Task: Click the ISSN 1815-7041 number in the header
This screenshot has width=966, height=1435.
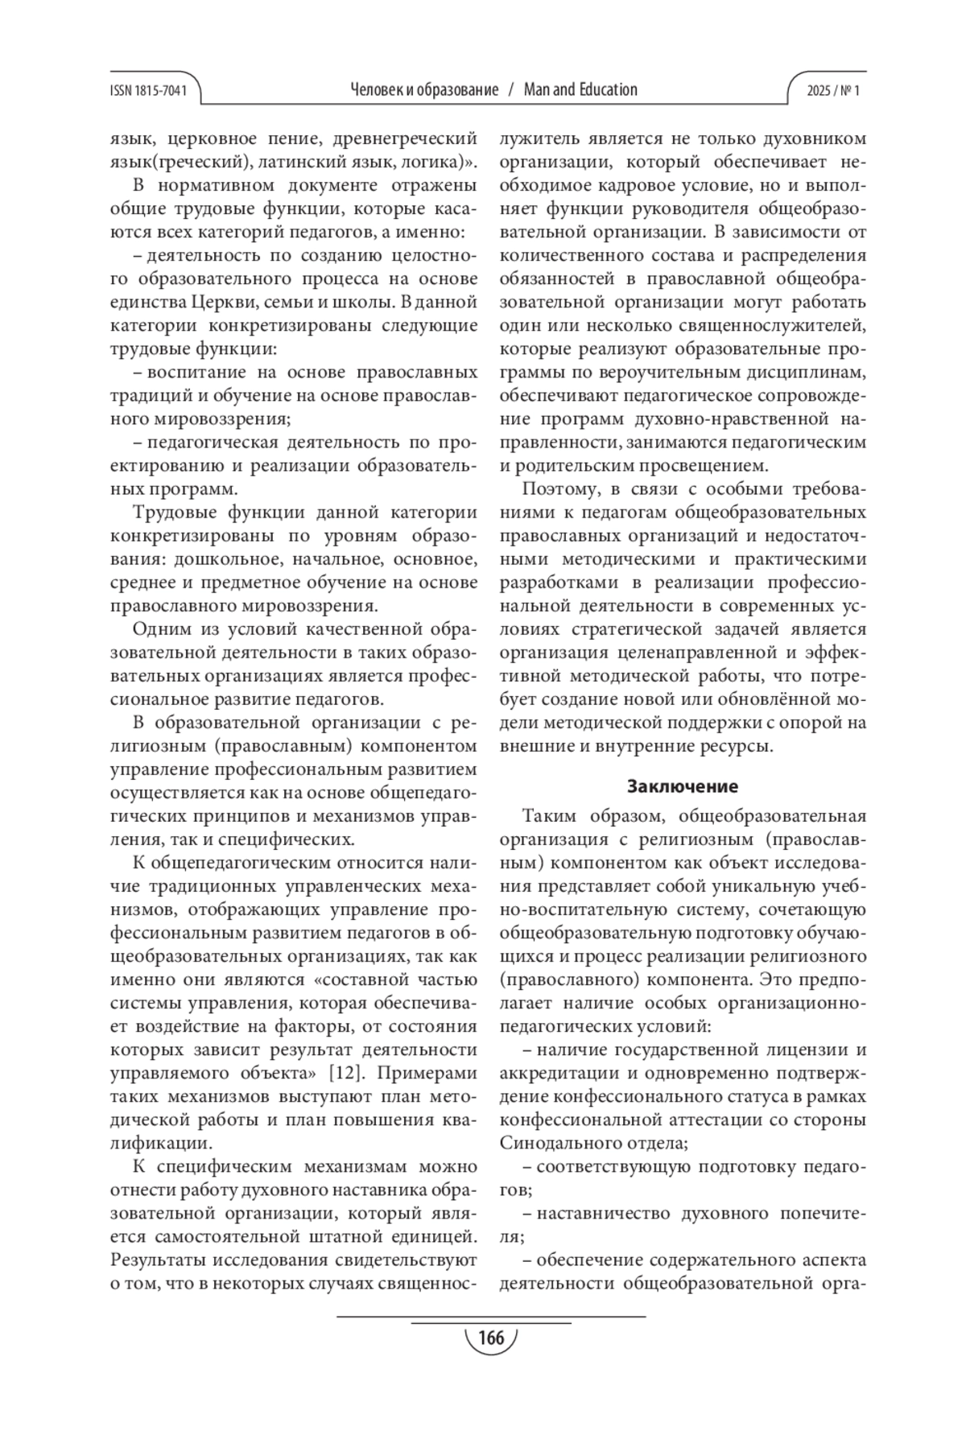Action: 147,91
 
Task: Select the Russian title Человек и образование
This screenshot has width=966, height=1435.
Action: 424,90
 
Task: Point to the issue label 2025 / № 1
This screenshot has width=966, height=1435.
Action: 833,91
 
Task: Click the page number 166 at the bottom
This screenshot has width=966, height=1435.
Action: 490,1338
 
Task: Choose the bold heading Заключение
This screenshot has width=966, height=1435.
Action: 683,786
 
